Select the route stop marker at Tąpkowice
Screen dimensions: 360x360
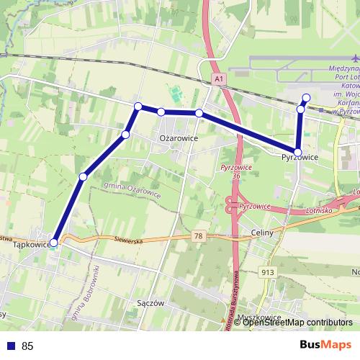53,243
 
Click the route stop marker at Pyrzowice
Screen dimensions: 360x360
297,151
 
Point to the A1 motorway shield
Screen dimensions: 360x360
218,77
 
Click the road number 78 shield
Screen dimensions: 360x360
198,235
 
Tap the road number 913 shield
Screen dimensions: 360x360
268,271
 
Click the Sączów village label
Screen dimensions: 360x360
150,303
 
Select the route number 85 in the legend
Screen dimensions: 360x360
27,346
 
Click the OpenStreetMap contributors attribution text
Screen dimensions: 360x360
297,323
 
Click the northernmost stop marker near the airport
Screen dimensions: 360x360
306,98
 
